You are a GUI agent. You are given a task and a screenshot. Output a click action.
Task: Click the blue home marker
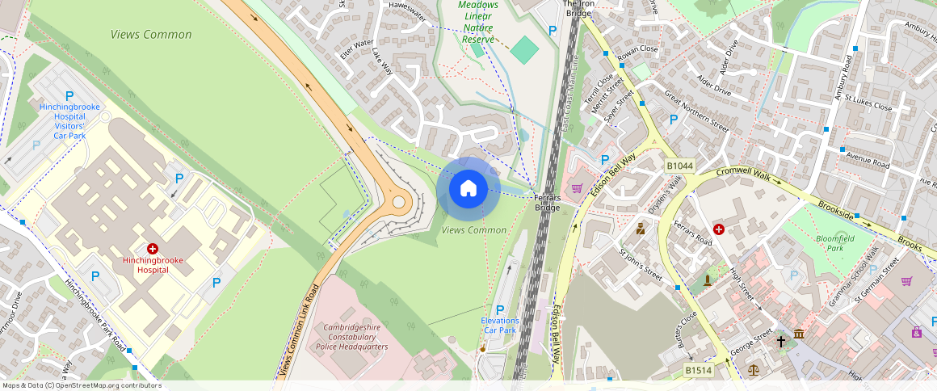click(x=468, y=189)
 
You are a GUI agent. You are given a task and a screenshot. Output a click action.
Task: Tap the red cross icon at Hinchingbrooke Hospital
click(x=152, y=250)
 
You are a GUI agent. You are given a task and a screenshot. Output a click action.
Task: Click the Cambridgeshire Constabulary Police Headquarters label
click(x=351, y=337)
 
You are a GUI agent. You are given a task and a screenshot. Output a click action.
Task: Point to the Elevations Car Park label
click(x=499, y=325)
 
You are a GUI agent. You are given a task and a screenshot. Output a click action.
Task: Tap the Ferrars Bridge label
click(x=547, y=202)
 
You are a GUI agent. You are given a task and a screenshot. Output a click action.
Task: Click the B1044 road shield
click(x=679, y=166)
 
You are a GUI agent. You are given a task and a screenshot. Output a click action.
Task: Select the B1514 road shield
click(x=699, y=370)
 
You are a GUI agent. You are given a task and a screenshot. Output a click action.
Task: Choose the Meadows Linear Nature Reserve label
click(x=478, y=22)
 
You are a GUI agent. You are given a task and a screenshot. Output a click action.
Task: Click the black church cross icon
click(x=780, y=341)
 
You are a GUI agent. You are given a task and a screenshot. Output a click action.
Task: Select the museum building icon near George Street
click(x=799, y=334)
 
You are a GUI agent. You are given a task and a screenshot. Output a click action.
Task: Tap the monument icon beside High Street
click(x=708, y=280)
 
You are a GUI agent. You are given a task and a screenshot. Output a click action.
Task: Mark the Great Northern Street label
click(x=696, y=111)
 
